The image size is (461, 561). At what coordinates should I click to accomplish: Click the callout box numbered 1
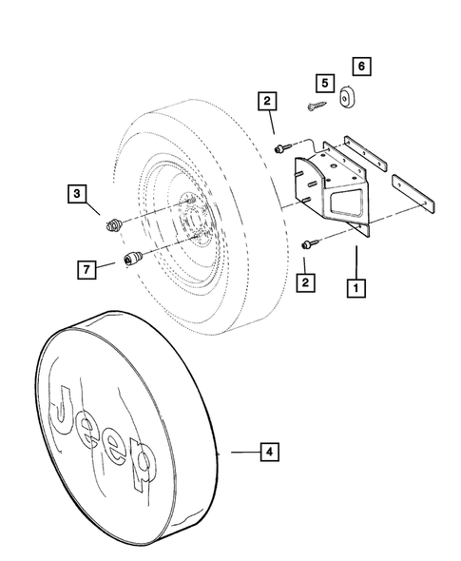pos(357,284)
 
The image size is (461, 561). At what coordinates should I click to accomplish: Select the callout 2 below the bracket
pos(305,282)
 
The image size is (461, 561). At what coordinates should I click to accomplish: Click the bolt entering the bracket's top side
pos(281,147)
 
